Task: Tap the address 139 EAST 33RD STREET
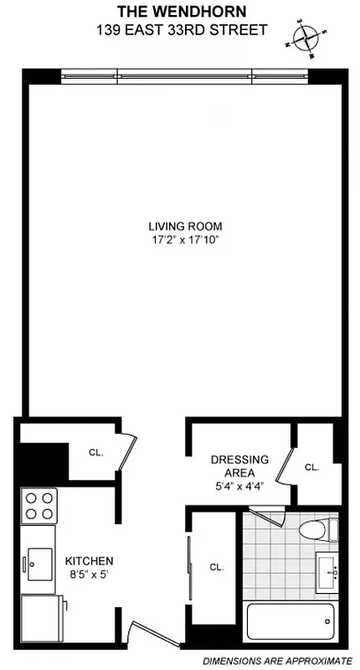coord(180,30)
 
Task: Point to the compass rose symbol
coord(306,38)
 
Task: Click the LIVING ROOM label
coord(185,226)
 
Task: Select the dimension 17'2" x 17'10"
coord(185,241)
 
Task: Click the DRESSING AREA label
coord(239,466)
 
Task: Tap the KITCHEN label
coord(89,560)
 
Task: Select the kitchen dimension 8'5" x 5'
coord(89,575)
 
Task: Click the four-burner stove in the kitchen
coord(39,506)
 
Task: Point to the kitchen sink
coord(39,562)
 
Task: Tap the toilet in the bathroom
coord(319,530)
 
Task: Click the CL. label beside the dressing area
coord(312,467)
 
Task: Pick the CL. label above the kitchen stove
coord(96,452)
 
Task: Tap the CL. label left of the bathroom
coord(217,567)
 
